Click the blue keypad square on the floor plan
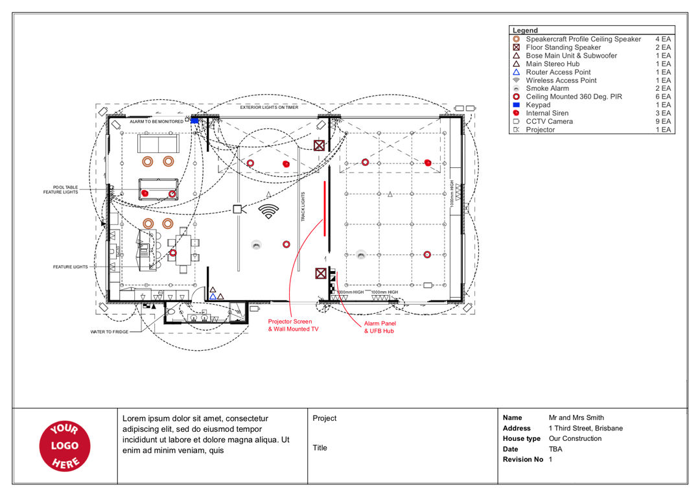coord(194,121)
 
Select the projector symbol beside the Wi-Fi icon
coord(239,209)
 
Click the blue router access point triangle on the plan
coord(213,297)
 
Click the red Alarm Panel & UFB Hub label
coord(379,327)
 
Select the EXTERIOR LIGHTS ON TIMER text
coord(269,108)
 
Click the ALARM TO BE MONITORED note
coord(156,121)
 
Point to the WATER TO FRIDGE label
coord(110,332)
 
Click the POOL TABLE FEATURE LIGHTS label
coord(61,190)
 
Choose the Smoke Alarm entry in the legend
coord(547,89)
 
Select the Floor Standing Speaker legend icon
coord(517,48)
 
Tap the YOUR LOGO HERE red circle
coord(65,445)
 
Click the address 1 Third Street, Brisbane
coord(585,429)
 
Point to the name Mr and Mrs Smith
coord(576,418)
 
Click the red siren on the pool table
coord(145,193)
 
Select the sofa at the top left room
coord(158,143)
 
